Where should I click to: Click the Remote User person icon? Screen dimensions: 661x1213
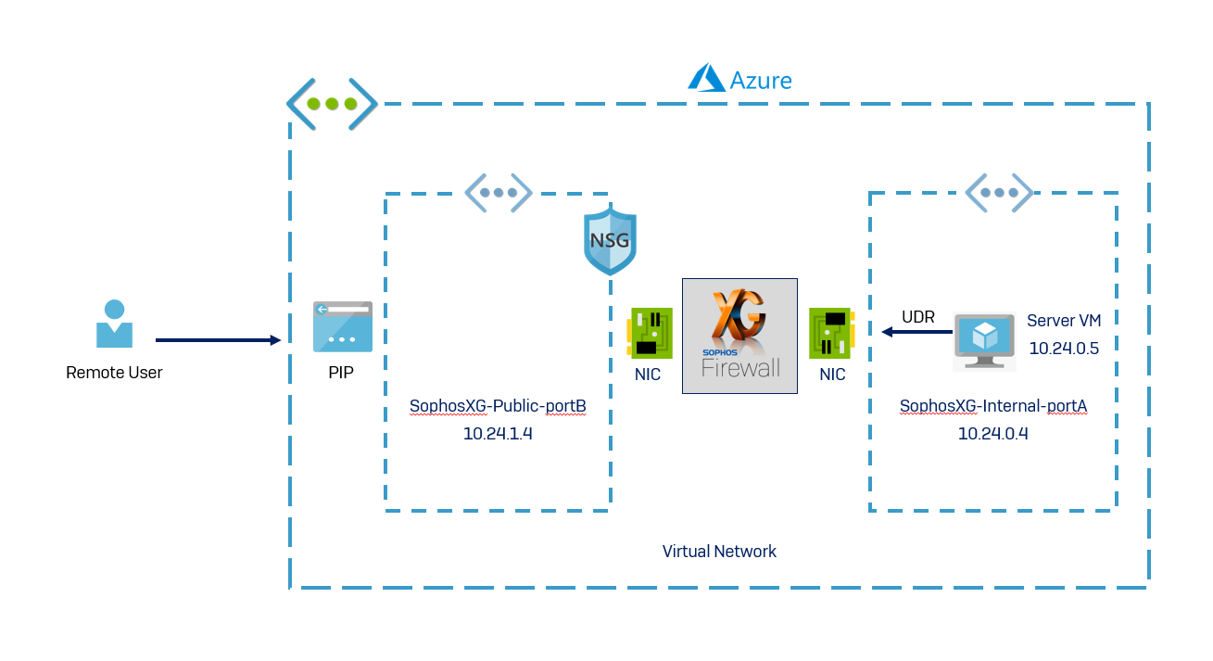pyautogui.click(x=114, y=324)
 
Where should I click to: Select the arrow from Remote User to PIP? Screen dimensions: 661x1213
pyautogui.click(x=218, y=340)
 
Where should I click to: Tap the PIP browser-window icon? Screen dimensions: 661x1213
pyautogui.click(x=342, y=326)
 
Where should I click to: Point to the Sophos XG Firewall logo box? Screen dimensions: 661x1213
pyautogui.click(x=739, y=336)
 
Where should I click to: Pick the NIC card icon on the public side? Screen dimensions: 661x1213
pyautogui.click(x=650, y=333)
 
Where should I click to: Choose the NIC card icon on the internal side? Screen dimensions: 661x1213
pyautogui.click(x=832, y=333)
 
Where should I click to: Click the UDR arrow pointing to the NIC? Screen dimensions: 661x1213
pyautogui.click(x=916, y=332)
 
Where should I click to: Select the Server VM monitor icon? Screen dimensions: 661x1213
pyautogui.click(x=984, y=339)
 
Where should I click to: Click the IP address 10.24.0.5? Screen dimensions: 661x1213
pyautogui.click(x=1064, y=348)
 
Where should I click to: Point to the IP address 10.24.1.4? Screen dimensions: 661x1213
pyautogui.click(x=498, y=433)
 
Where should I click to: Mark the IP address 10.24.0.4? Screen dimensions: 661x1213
pyautogui.click(x=992, y=433)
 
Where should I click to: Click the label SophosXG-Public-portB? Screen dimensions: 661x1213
pyautogui.click(x=498, y=406)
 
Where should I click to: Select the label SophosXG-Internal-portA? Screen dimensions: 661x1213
pyautogui.click(x=992, y=406)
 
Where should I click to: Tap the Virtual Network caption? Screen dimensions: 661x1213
pyautogui.click(x=719, y=552)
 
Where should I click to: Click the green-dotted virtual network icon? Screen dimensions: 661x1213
pyautogui.click(x=332, y=104)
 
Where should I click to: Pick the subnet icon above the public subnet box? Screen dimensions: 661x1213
pyautogui.click(x=499, y=193)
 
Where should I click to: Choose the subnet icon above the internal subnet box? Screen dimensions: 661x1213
pyautogui.click(x=999, y=193)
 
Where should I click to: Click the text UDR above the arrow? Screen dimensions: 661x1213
pyautogui.click(x=918, y=317)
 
